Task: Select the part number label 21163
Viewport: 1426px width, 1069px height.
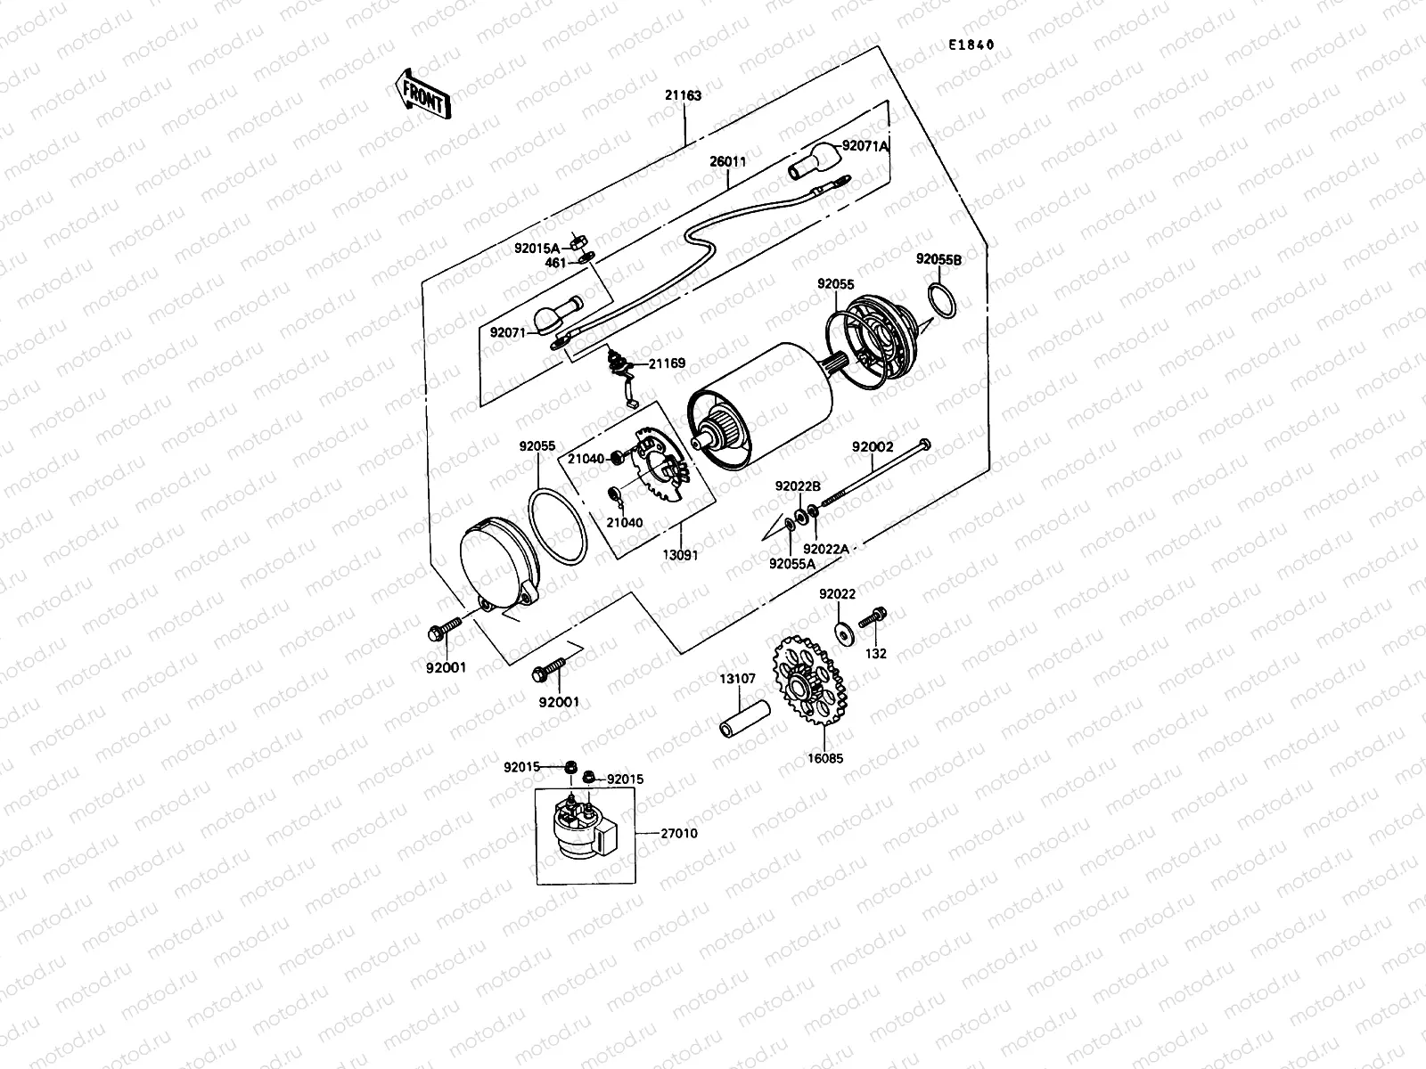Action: (x=684, y=95)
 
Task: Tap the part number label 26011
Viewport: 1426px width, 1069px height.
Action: (x=728, y=162)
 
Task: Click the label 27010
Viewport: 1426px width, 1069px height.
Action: (x=678, y=834)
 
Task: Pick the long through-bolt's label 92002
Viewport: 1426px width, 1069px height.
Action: (x=872, y=447)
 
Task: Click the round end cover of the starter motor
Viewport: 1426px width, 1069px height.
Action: (x=494, y=567)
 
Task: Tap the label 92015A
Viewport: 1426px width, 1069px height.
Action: (x=537, y=249)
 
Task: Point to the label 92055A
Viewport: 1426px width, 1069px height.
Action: (x=792, y=563)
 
